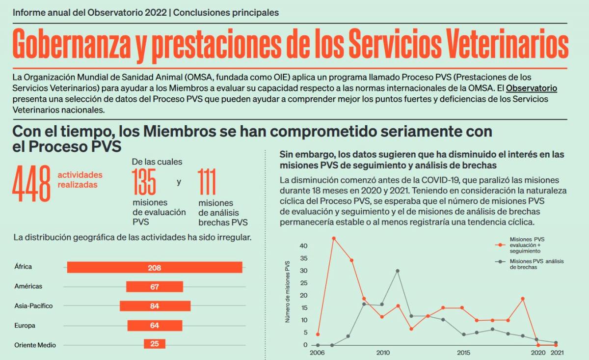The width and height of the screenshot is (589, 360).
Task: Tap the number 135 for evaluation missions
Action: [144, 182]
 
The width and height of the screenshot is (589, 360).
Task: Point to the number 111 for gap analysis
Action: [208, 182]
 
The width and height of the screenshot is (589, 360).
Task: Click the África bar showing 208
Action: [155, 268]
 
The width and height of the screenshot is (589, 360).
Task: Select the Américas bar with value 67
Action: [155, 287]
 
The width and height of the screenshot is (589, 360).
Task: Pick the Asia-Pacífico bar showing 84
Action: [155, 306]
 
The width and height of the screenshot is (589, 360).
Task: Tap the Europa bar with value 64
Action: [155, 326]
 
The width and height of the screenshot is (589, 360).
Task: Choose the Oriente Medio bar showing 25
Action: [155, 344]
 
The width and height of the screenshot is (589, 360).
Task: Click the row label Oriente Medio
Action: [35, 345]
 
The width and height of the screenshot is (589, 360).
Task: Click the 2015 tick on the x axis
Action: [463, 353]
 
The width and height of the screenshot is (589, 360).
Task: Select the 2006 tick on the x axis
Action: [318, 353]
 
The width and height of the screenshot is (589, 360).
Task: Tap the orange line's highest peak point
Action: [334, 238]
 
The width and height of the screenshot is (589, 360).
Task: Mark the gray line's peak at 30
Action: [398, 271]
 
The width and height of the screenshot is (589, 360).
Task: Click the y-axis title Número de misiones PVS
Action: [288, 291]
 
